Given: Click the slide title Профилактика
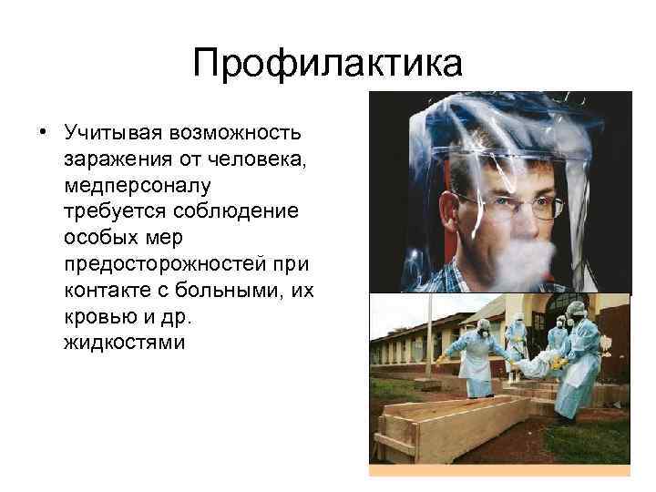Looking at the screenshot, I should coord(328,66).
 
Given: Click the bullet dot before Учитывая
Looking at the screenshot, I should coord(43,135).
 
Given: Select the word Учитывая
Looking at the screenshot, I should coord(109,134).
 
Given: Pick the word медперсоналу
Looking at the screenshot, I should coord(137,186).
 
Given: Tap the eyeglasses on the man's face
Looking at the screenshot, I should coord(510,204).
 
